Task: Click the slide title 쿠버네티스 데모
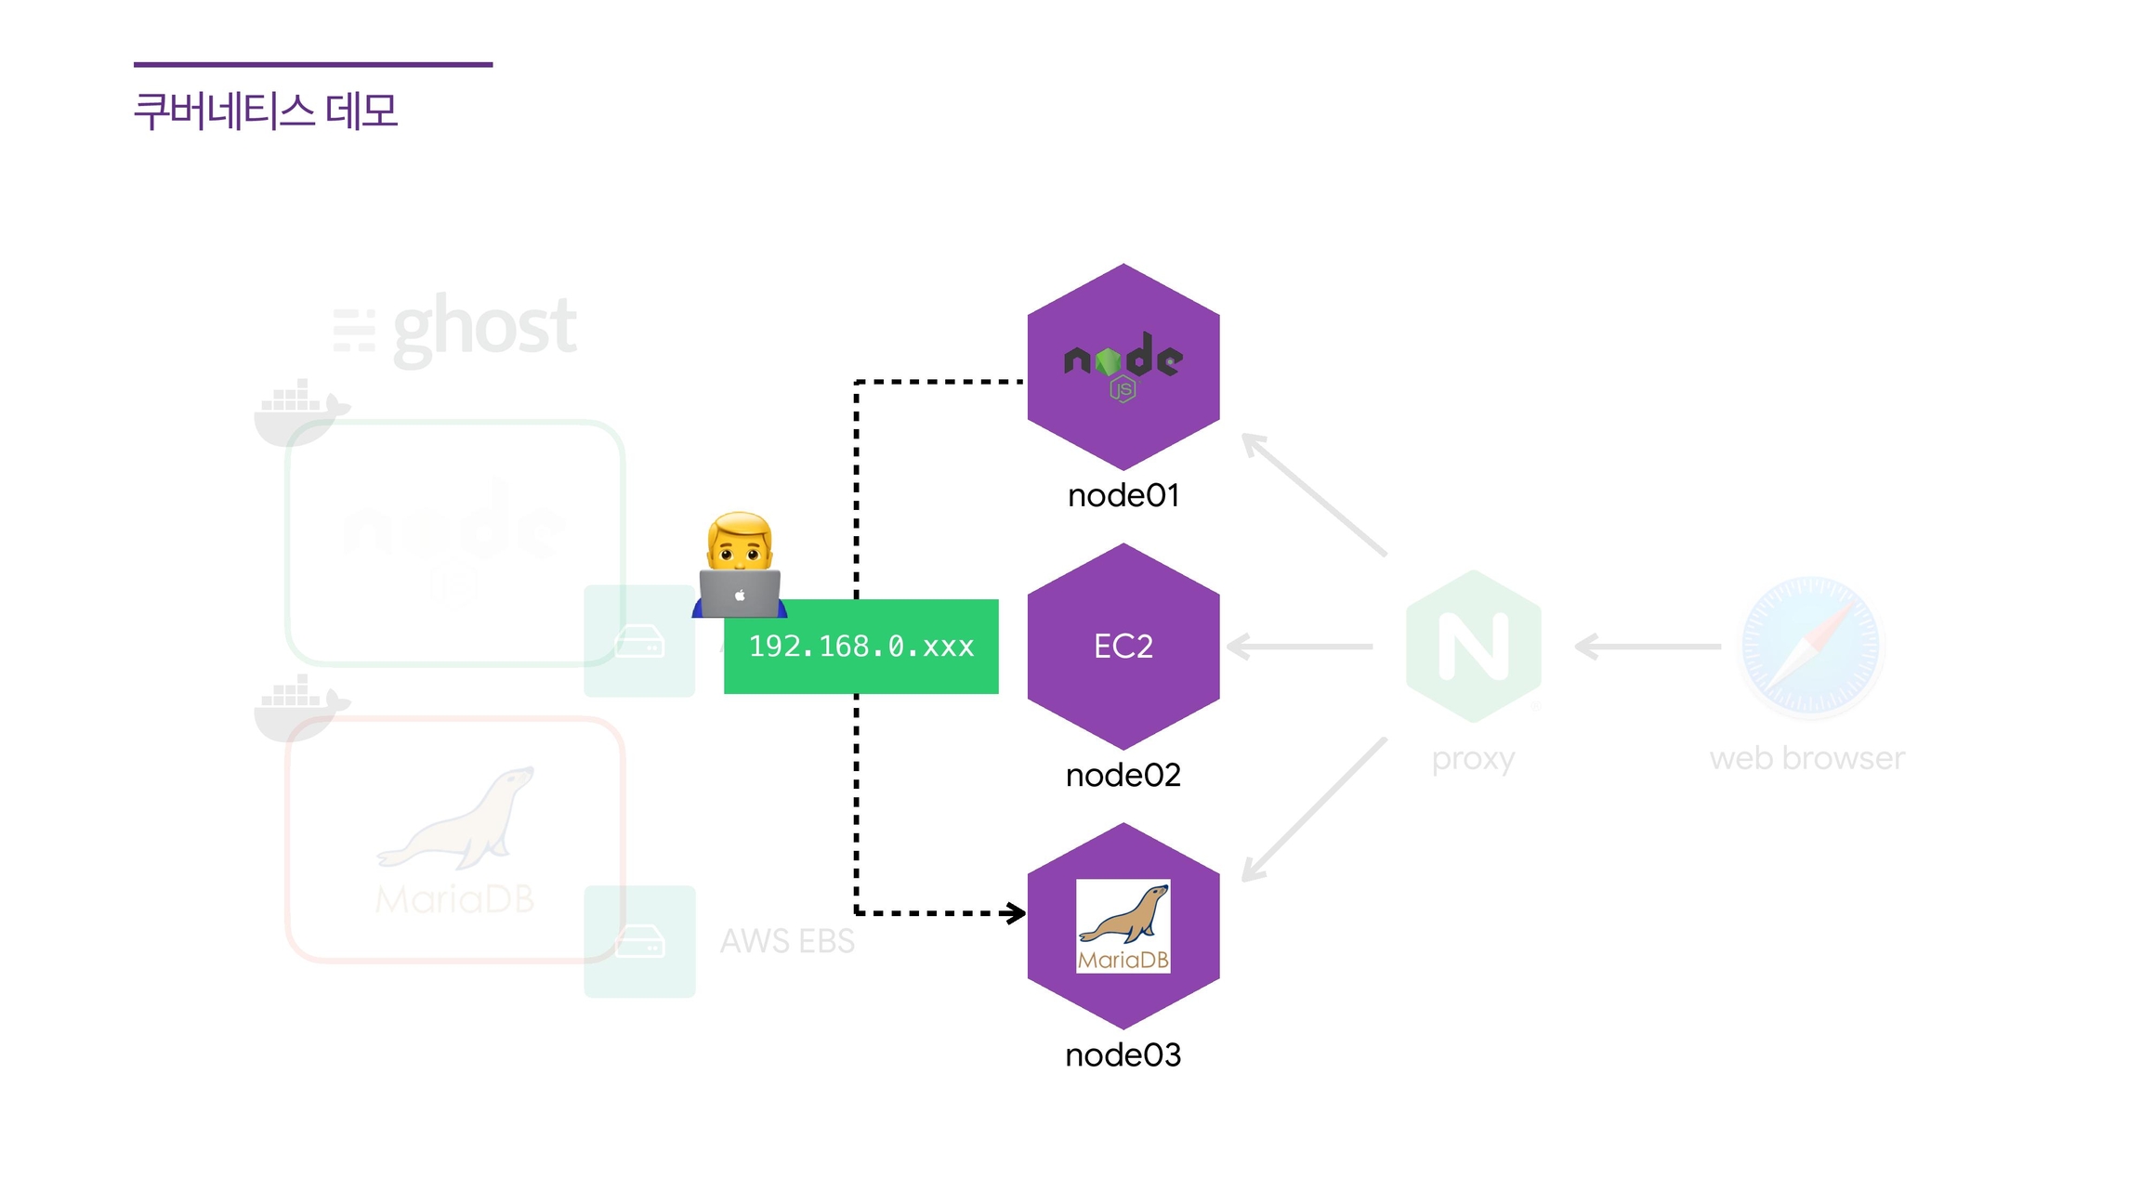click(266, 111)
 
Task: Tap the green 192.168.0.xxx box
click(860, 647)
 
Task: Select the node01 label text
click(1123, 495)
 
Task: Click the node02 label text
click(1123, 775)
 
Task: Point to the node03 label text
click(1123, 1054)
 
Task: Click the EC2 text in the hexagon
click(1123, 646)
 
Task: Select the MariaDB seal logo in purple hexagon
click(1123, 925)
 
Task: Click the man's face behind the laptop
click(740, 543)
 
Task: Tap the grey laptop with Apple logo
click(740, 595)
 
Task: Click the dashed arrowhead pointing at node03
click(1016, 913)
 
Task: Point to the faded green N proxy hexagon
click(1474, 647)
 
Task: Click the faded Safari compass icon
click(1810, 647)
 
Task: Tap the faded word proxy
click(1473, 759)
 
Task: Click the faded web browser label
click(1806, 758)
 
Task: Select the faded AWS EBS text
click(787, 941)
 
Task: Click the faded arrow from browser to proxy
click(1648, 647)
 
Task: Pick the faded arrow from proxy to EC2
click(1300, 647)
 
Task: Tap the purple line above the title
click(313, 64)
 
